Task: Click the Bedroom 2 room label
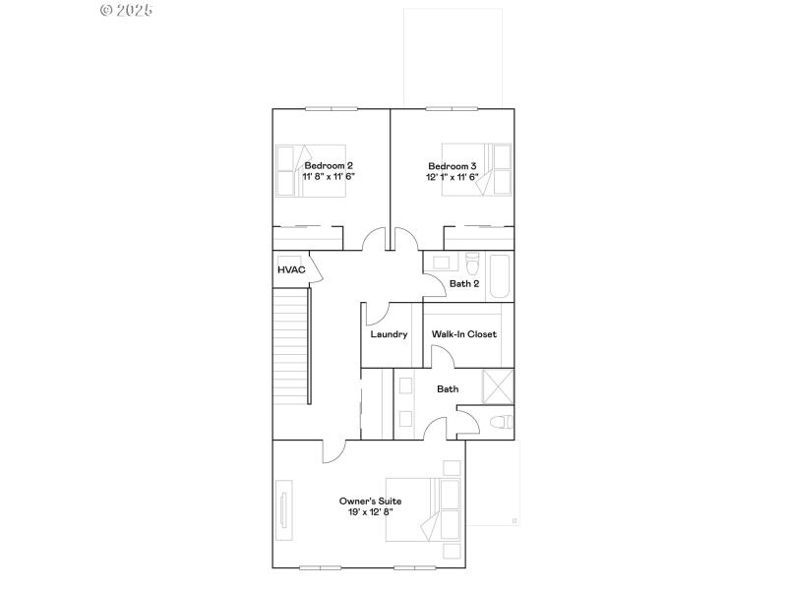pos(329,166)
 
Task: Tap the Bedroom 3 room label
pos(453,166)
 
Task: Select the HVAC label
pos(291,269)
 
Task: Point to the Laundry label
pos(389,334)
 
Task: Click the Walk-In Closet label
pos(464,334)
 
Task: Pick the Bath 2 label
pos(464,284)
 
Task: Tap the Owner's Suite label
pos(370,501)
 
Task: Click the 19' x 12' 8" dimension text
pos(370,512)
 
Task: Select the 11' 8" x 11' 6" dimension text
pos(329,177)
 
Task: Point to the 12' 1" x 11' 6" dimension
pos(453,177)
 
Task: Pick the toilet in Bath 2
pos(471,266)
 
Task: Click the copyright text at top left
pos(128,10)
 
